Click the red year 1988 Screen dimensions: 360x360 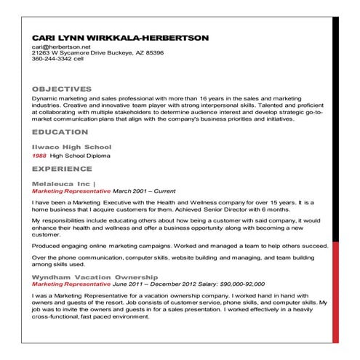(39, 156)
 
